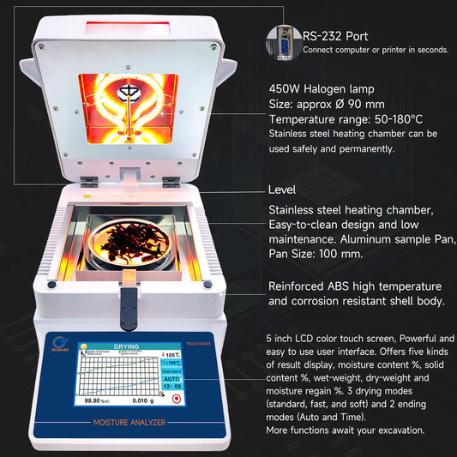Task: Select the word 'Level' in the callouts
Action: coord(282,189)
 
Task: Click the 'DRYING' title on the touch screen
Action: coord(125,347)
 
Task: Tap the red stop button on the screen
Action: coord(177,398)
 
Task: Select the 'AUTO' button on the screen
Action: coord(171,377)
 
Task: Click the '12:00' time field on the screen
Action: coord(171,387)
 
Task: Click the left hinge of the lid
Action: coord(87,182)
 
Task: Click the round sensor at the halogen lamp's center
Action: coord(128,92)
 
